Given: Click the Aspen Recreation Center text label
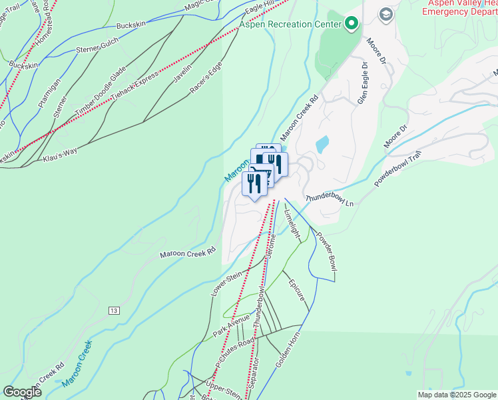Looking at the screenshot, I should (x=291, y=25).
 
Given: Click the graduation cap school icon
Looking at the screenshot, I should (x=385, y=14).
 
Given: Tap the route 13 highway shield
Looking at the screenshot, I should (x=115, y=311).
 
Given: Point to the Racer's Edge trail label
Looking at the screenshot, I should (x=206, y=79).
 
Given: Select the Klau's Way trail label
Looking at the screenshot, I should (x=60, y=155).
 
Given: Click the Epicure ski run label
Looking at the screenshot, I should (x=296, y=288).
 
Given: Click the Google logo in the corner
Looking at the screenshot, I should (x=23, y=392).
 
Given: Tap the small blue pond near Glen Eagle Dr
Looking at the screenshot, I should (x=322, y=144).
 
